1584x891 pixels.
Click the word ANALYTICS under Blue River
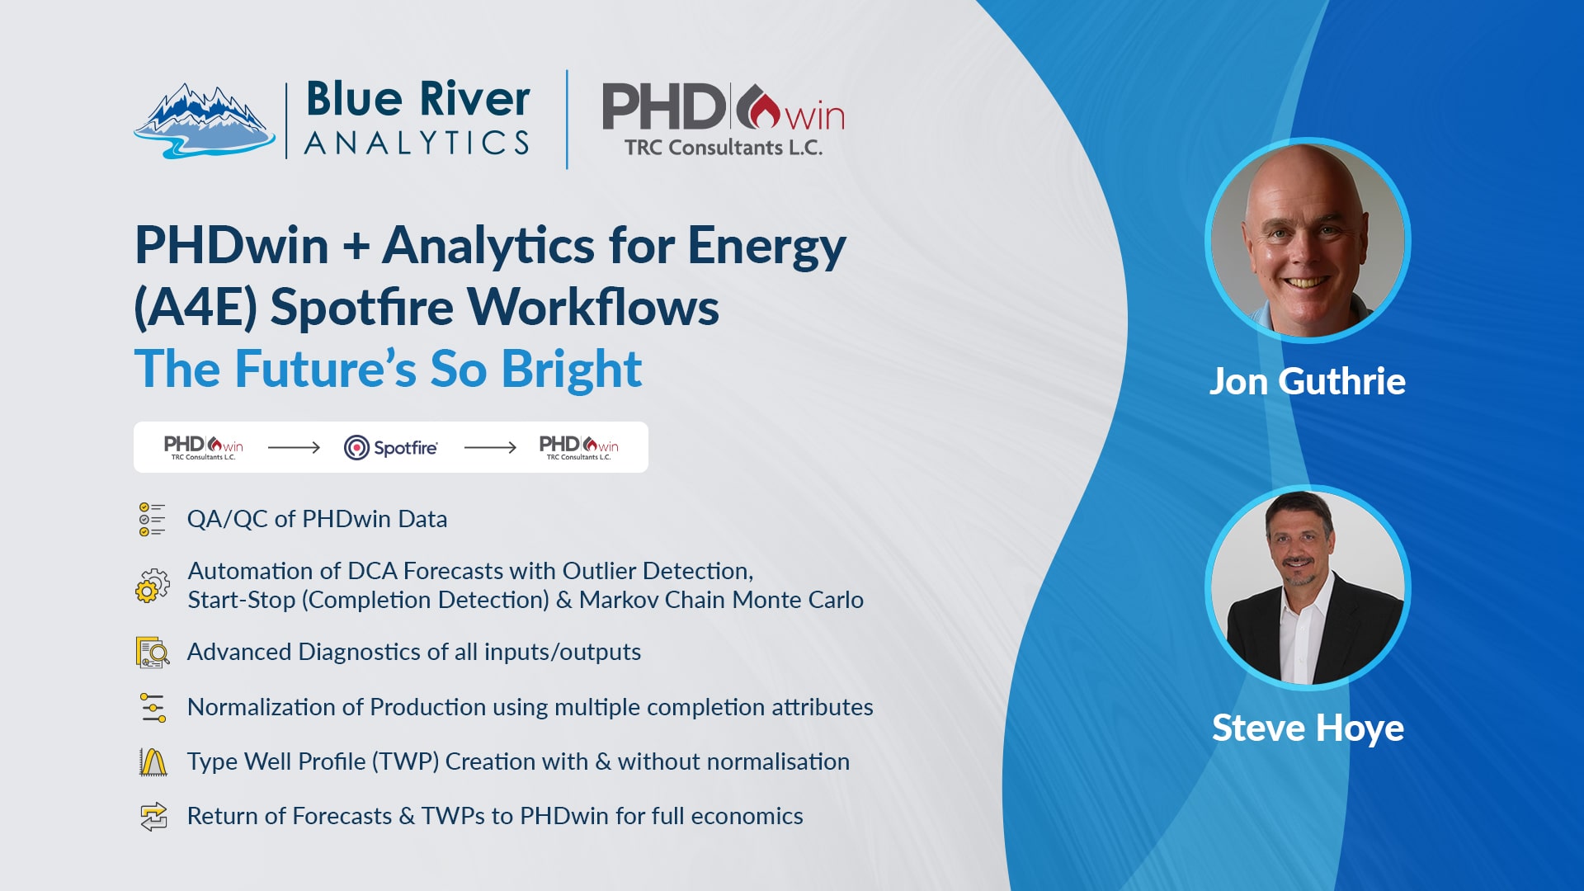point(417,143)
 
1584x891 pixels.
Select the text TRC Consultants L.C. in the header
point(724,148)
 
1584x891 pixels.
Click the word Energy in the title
point(766,247)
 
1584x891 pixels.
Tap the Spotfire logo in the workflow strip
point(391,447)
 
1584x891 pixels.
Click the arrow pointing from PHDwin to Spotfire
point(294,447)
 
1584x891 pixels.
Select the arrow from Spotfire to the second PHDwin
point(490,447)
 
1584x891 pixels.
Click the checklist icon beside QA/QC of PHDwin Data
point(152,519)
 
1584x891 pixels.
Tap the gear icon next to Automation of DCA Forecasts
point(153,585)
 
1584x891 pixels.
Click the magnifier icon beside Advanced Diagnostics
point(153,652)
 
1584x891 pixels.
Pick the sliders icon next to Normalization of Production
point(153,707)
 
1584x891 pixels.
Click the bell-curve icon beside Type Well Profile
point(153,761)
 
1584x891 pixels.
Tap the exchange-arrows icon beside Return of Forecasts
point(153,817)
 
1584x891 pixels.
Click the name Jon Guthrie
point(1308,381)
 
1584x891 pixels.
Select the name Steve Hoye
point(1308,728)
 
